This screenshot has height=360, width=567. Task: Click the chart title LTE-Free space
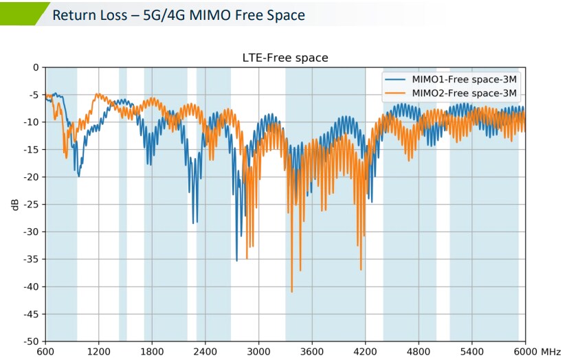(x=284, y=58)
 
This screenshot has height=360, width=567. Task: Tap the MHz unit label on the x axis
(x=551, y=351)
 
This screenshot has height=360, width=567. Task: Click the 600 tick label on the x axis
(x=45, y=351)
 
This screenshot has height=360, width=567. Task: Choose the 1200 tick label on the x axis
(x=98, y=351)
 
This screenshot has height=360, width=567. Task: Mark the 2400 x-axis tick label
(x=205, y=351)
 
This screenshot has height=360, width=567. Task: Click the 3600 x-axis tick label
(x=312, y=351)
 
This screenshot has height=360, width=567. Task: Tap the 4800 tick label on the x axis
(x=419, y=351)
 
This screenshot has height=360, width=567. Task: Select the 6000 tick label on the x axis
(x=524, y=351)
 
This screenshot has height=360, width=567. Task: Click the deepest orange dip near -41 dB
(x=292, y=291)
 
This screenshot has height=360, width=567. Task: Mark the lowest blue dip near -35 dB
(x=237, y=260)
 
